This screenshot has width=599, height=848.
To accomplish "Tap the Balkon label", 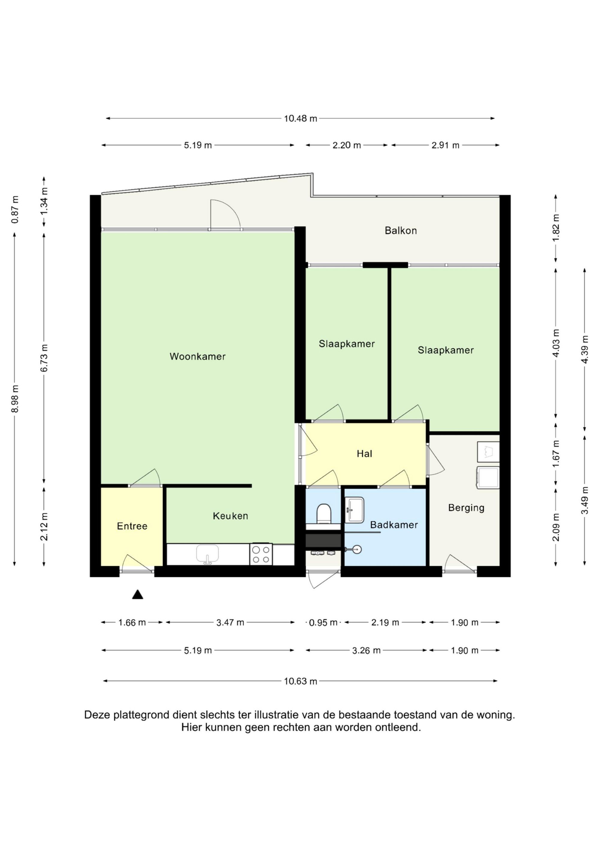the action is [x=401, y=231].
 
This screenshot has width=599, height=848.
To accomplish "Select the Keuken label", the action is [x=230, y=516].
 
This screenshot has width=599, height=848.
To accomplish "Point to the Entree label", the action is [x=132, y=526].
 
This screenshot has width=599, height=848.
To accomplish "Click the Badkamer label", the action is [x=394, y=525].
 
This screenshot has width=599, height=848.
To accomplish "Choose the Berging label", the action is [x=466, y=508].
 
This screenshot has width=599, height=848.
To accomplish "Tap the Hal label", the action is [x=364, y=454].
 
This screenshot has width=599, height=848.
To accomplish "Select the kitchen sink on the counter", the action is [x=208, y=554].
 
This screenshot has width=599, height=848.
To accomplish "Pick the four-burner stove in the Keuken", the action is [x=261, y=554].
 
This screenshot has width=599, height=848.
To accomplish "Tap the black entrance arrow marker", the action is [x=138, y=594].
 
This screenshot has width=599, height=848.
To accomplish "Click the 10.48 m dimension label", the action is [x=300, y=119].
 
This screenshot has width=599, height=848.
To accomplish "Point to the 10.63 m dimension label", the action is [x=300, y=681].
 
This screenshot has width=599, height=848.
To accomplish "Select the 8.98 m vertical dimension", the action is [x=15, y=399].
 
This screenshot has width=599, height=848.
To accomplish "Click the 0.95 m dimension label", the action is [x=323, y=623].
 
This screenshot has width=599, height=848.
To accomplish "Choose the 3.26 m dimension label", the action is [x=366, y=650].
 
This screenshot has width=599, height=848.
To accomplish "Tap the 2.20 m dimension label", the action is [x=347, y=145].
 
